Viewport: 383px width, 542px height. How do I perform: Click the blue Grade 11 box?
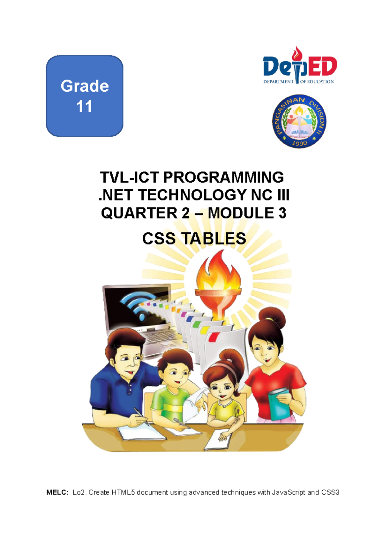pyautogui.click(x=85, y=96)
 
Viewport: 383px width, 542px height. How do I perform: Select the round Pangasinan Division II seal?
pyautogui.click(x=299, y=121)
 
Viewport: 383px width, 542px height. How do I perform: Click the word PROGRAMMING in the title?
pyautogui.click(x=223, y=177)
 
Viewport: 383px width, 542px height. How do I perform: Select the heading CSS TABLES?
pyautogui.click(x=194, y=238)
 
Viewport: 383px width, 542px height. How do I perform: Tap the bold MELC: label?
pyautogui.click(x=57, y=492)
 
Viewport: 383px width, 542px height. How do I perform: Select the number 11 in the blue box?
pyautogui.click(x=84, y=107)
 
